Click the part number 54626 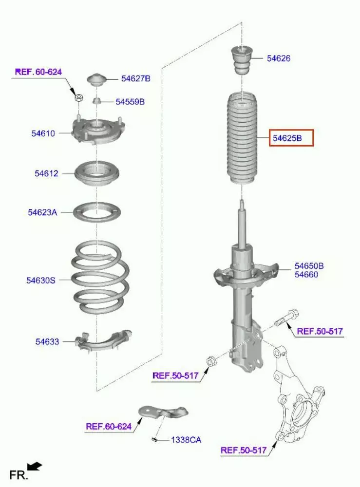(278, 58)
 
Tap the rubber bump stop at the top (242, 60)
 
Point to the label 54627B (136, 78)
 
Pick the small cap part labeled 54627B (96, 80)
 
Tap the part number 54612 (46, 173)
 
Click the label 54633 (47, 342)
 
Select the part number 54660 (306, 275)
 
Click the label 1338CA (186, 440)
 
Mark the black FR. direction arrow (34, 467)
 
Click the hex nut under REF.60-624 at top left (79, 98)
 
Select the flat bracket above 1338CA (163, 412)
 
